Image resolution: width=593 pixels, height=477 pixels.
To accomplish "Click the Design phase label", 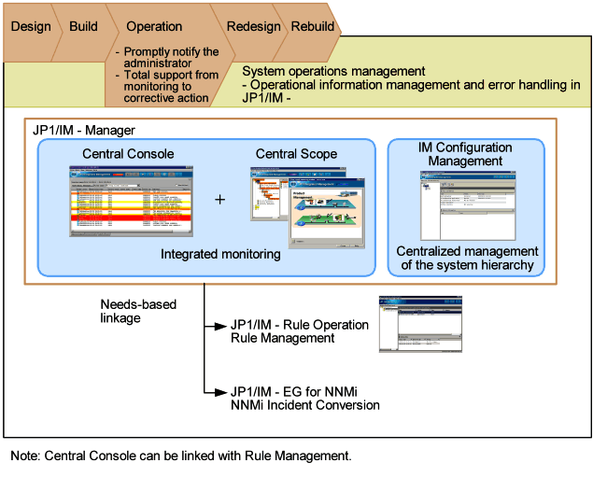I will point(31,26).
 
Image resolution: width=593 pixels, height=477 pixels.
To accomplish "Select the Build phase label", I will point(83,26).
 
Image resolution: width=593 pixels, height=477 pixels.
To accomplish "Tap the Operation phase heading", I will point(154,27).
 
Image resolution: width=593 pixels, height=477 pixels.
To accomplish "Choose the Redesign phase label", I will point(253,27).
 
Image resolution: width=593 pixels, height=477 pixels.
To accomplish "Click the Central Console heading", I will point(128,154).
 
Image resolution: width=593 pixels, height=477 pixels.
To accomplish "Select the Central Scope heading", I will point(297,154).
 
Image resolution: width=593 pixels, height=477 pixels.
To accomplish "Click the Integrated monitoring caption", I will point(220,254).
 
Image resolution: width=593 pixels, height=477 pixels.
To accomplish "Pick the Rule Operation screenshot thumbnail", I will point(419,324).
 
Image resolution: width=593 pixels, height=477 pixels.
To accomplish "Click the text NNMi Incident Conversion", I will point(305,406).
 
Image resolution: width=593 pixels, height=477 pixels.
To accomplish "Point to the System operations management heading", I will point(333,71).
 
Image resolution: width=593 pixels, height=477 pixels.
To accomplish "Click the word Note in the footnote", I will point(26,456).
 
